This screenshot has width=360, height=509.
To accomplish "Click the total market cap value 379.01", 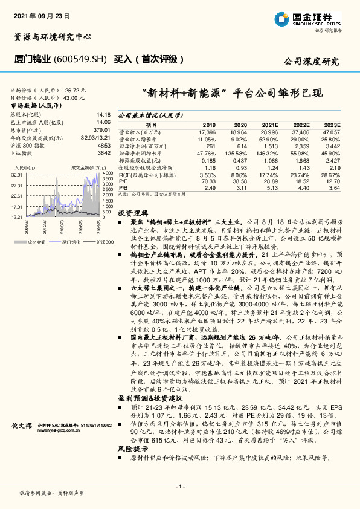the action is (x=102, y=129).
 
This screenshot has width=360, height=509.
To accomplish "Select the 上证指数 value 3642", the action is (x=104, y=153).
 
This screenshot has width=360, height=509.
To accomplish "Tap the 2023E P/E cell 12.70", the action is (x=332, y=180).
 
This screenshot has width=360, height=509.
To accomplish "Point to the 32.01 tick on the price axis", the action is (x=16, y=174).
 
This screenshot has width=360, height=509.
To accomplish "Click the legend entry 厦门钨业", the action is (x=72, y=242).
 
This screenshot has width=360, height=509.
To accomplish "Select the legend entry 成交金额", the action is (x=36, y=242).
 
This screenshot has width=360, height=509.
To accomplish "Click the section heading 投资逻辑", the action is (x=132, y=213).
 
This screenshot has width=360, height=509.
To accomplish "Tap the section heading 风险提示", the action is (x=132, y=450).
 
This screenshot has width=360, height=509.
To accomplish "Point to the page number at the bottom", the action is (x=179, y=487).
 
